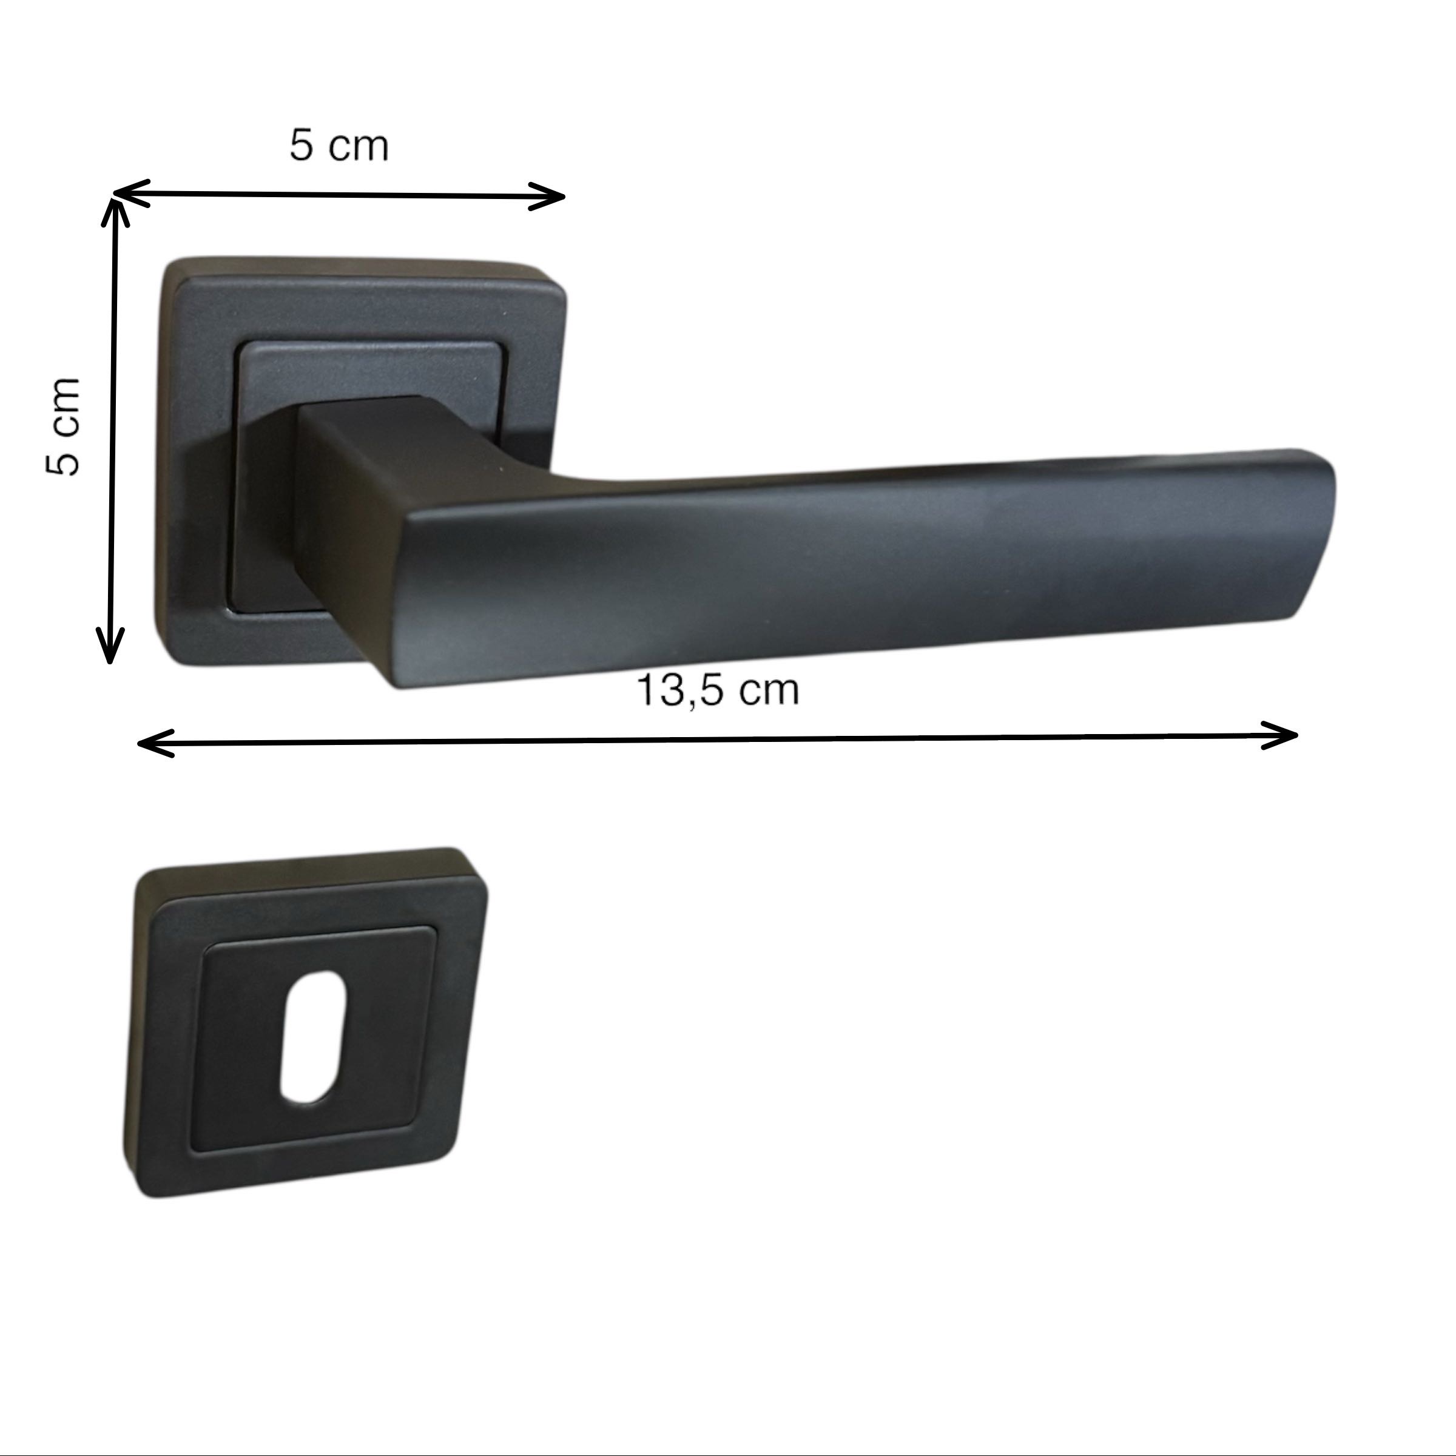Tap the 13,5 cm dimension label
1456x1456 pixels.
[718, 690]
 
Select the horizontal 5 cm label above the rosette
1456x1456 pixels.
[339, 146]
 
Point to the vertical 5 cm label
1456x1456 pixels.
[63, 426]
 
